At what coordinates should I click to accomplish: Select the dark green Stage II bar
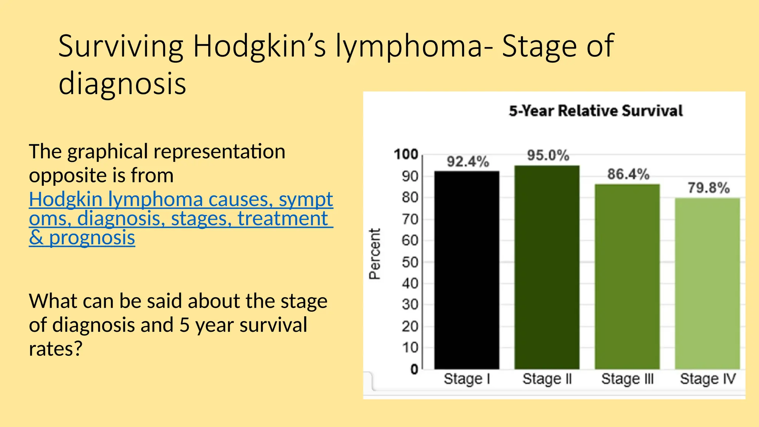point(547,267)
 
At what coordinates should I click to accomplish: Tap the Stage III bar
point(627,277)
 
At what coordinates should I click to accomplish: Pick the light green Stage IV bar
point(707,284)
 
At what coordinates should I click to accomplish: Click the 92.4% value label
point(468,162)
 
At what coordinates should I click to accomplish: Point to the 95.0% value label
point(548,155)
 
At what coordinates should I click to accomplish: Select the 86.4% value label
point(628,174)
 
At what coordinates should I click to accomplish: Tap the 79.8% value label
point(709,188)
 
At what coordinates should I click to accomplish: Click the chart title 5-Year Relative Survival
point(596,111)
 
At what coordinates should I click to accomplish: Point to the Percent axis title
point(375,254)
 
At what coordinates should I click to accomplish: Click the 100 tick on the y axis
point(406,154)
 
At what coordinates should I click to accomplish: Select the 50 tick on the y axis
point(410,262)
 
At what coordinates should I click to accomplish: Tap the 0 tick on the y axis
point(414,369)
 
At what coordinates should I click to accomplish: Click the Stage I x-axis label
point(467,379)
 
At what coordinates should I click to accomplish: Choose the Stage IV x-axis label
point(707,379)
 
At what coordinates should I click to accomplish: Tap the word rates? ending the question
point(56,349)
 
